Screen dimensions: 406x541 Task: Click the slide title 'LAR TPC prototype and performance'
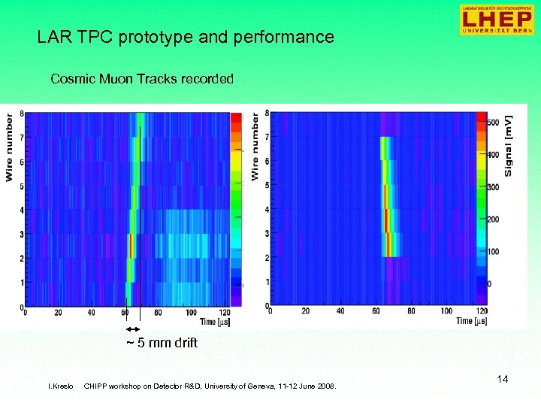click(x=186, y=37)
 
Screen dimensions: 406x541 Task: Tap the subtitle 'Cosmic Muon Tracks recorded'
click(x=141, y=78)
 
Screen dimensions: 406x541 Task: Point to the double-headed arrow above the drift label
click(x=133, y=329)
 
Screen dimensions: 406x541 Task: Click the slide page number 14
click(x=502, y=379)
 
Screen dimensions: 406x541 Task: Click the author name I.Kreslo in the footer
click(x=60, y=386)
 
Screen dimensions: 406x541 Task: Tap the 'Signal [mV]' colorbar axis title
click(x=509, y=147)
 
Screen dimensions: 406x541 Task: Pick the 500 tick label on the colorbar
click(x=494, y=122)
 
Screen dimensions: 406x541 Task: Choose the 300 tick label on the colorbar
click(x=494, y=186)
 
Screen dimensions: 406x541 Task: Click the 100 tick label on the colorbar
click(x=494, y=251)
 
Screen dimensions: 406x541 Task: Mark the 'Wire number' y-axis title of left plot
click(x=11, y=147)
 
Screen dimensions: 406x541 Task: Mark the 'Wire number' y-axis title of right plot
click(x=255, y=147)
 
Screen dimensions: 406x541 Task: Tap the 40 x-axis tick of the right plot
click(x=340, y=311)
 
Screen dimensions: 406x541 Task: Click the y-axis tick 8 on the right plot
click(x=267, y=113)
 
